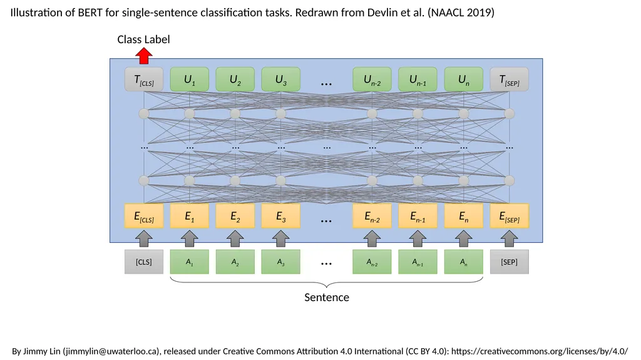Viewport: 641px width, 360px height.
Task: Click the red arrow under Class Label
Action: click(x=144, y=56)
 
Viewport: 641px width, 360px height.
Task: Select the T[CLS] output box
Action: click(x=144, y=80)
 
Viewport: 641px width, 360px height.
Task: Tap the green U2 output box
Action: click(x=235, y=80)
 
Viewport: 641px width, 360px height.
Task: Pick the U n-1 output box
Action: click(x=418, y=80)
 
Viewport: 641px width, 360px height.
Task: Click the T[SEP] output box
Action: click(x=510, y=80)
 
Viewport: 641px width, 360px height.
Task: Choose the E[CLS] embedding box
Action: click(x=144, y=216)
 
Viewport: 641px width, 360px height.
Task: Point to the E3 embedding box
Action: click(x=281, y=216)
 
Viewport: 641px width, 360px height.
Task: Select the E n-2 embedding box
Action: click(x=372, y=216)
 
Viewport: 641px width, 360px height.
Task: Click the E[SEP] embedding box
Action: click(x=510, y=216)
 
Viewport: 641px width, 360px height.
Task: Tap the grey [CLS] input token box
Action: click(x=144, y=262)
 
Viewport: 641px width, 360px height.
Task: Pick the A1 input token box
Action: click(x=189, y=262)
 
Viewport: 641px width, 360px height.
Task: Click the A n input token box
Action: click(x=464, y=262)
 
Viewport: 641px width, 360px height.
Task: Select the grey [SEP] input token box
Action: click(x=510, y=262)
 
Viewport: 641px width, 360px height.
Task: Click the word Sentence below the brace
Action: click(x=327, y=297)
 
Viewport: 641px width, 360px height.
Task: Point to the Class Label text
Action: click(x=143, y=39)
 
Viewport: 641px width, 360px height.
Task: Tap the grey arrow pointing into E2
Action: click(x=235, y=239)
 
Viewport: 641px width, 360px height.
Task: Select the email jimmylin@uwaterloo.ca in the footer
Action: click(x=111, y=351)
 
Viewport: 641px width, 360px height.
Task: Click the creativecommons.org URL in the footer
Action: click(x=540, y=351)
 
